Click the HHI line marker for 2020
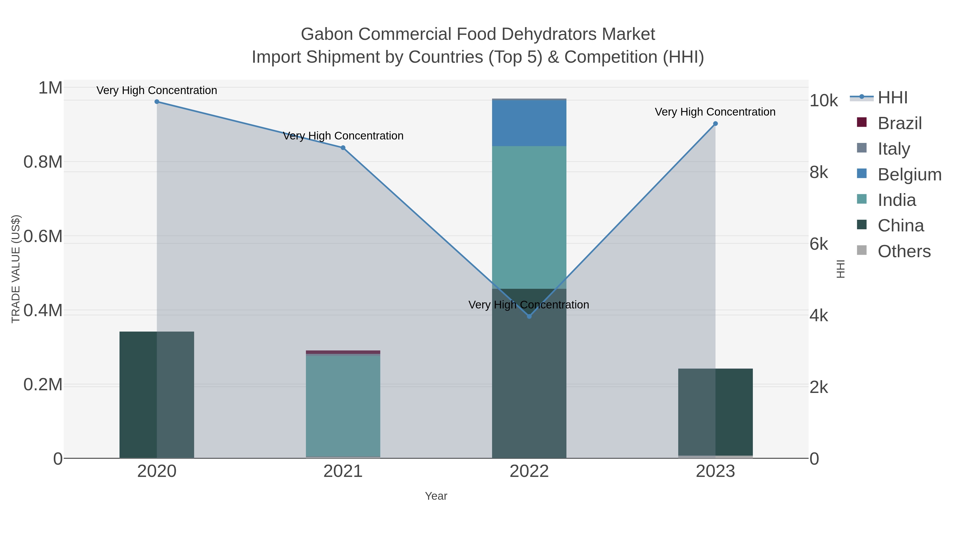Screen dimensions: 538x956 pyautogui.click(x=157, y=102)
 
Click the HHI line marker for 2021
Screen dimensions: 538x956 pyautogui.click(x=343, y=148)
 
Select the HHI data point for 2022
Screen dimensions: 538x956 pyautogui.click(x=529, y=316)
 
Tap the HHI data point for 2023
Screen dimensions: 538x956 pyautogui.click(x=715, y=124)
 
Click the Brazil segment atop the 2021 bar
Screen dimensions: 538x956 pyautogui.click(x=343, y=352)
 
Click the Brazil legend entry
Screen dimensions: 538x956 pyautogui.click(x=900, y=123)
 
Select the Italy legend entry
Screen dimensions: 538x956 pyautogui.click(x=894, y=149)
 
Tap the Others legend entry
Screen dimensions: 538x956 pyautogui.click(x=904, y=251)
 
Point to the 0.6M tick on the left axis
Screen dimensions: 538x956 pyautogui.click(x=43, y=236)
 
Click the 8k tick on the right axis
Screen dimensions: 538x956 pyautogui.click(x=819, y=172)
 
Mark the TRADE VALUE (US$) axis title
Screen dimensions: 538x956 pyautogui.click(x=16, y=269)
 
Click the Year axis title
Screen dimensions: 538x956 pyautogui.click(x=436, y=496)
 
